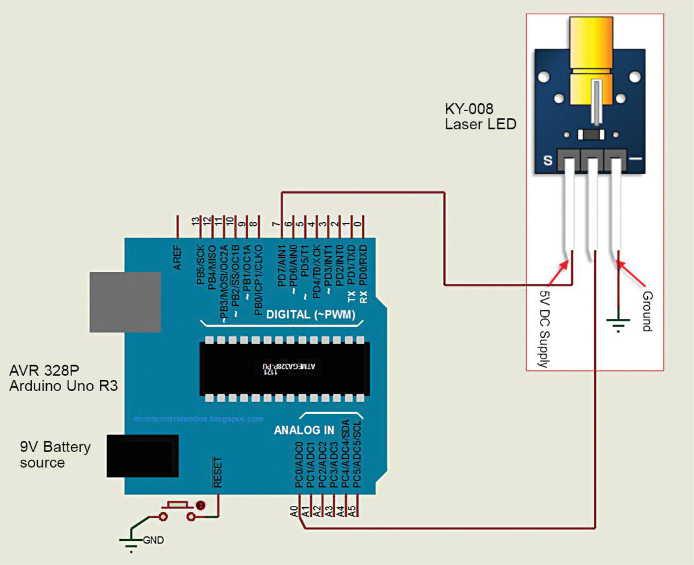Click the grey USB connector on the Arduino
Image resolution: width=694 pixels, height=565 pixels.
click(x=125, y=302)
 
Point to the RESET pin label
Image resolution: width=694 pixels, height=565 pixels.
click(x=217, y=473)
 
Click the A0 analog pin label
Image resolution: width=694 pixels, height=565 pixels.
click(x=294, y=510)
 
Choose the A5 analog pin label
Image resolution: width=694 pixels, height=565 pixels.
click(x=352, y=510)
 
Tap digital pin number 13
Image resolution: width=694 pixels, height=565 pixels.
click(x=195, y=221)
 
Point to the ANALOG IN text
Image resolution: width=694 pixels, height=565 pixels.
click(x=304, y=430)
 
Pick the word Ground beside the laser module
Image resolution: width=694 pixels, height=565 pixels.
click(x=647, y=312)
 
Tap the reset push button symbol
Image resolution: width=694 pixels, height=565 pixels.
click(x=176, y=509)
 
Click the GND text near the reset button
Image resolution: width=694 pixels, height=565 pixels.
click(x=154, y=539)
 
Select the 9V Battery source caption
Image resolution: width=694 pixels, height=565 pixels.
click(x=55, y=455)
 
